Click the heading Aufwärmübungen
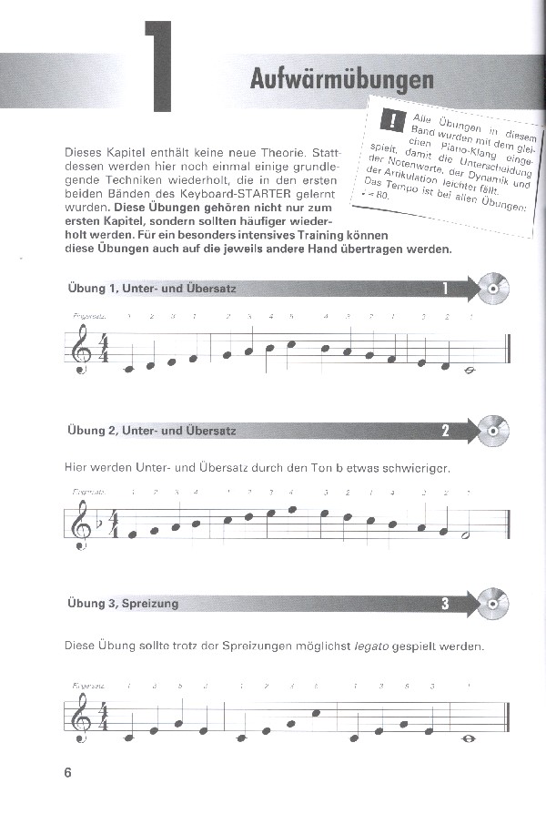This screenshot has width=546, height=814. tap(341, 80)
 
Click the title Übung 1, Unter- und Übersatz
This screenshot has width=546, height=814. tap(152, 289)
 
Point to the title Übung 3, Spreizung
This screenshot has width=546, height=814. tap(123, 603)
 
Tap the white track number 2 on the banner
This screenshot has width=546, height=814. tap(445, 431)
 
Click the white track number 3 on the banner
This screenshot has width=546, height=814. tap(445, 604)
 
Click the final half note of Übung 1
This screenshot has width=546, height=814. tap(470, 371)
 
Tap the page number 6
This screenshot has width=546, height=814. tap(68, 773)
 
